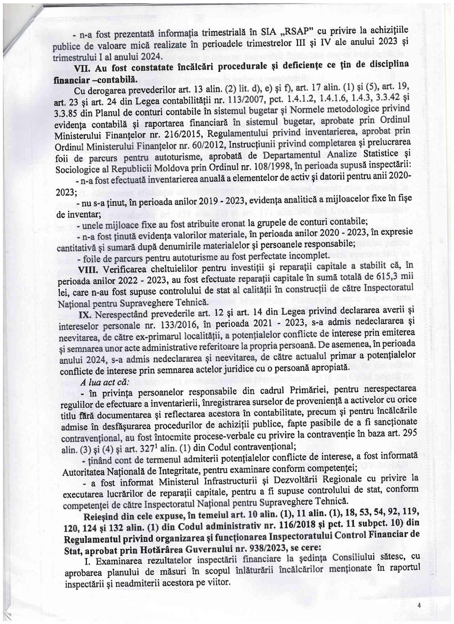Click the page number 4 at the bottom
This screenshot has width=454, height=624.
coord(419,605)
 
